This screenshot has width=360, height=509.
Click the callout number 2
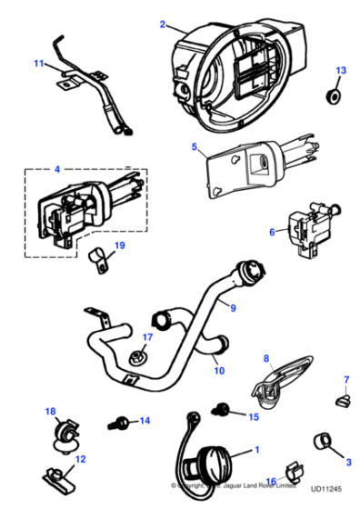163,24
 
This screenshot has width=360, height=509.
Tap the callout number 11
38,64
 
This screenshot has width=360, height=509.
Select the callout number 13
341,70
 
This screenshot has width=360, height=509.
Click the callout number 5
194,145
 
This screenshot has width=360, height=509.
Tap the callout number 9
233,308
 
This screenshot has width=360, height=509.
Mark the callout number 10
217,370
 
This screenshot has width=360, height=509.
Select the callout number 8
267,359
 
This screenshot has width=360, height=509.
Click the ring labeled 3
323,443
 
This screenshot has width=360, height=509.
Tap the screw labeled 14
119,423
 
